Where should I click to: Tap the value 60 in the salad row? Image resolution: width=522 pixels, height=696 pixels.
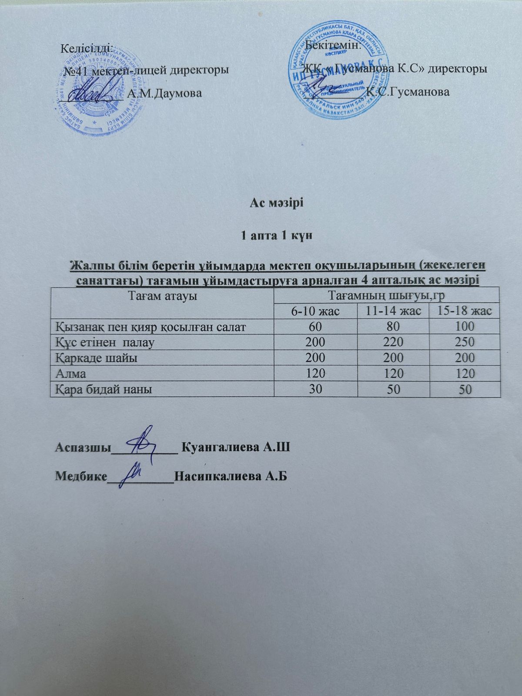tap(315, 327)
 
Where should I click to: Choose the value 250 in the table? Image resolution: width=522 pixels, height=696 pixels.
tap(464, 342)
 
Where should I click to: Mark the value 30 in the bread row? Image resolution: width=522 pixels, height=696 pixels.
tap(315, 389)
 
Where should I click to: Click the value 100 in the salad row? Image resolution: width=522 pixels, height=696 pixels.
tap(464, 327)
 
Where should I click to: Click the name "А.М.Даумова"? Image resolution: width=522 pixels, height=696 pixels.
tap(164, 93)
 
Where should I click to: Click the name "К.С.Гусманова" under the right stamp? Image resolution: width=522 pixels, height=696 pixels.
tap(408, 92)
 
